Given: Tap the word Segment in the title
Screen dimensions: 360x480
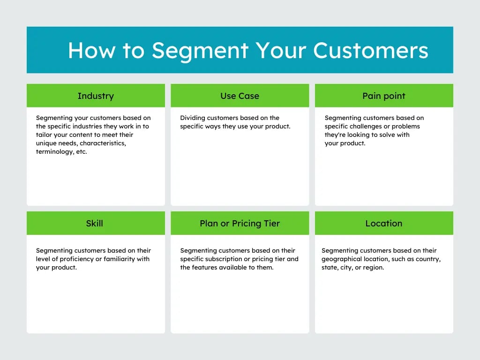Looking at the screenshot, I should (200, 50).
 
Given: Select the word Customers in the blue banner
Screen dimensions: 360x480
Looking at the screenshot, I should (370, 50).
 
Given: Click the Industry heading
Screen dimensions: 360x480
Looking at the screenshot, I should (96, 96).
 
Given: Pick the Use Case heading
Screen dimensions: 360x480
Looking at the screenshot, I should (240, 96).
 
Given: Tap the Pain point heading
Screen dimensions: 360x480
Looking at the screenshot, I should (383, 96).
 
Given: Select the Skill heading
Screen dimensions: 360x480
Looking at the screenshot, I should (94, 224).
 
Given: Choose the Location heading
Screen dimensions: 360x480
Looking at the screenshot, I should (383, 224).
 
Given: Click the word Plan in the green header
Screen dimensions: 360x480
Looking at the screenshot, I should (209, 224).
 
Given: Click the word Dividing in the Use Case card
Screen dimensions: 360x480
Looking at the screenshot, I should (193, 118).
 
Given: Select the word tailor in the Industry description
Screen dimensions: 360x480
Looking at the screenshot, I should (45, 135).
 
